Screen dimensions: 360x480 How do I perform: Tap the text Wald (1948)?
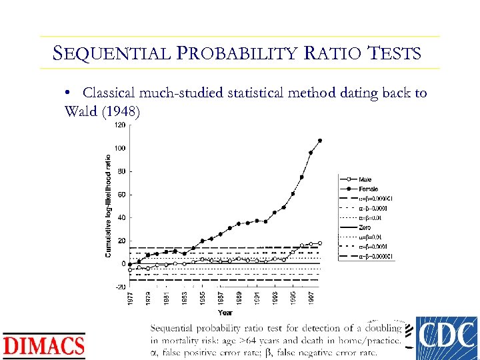tap(102, 111)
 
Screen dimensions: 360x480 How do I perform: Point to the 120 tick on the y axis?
tap(120, 125)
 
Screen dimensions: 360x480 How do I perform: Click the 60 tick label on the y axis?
tap(121, 195)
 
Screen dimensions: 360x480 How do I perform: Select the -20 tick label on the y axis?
tap(120, 287)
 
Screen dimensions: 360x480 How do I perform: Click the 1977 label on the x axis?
tap(130, 299)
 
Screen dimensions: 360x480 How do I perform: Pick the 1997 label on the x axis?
tap(311, 299)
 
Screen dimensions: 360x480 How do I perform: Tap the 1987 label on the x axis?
tap(221, 299)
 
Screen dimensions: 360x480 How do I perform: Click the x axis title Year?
tap(225, 312)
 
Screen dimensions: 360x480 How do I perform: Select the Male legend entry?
tap(365, 179)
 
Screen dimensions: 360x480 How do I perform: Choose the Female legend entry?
tap(368, 189)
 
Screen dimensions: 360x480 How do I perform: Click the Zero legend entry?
tap(365, 227)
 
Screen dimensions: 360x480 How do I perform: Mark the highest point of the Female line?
tap(320, 141)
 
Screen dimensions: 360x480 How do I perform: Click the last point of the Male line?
tap(320, 243)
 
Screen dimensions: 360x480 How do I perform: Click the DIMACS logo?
tap(44, 345)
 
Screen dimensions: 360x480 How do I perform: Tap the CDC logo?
tap(446, 338)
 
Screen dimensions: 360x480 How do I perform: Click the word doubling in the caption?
tap(382, 328)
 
